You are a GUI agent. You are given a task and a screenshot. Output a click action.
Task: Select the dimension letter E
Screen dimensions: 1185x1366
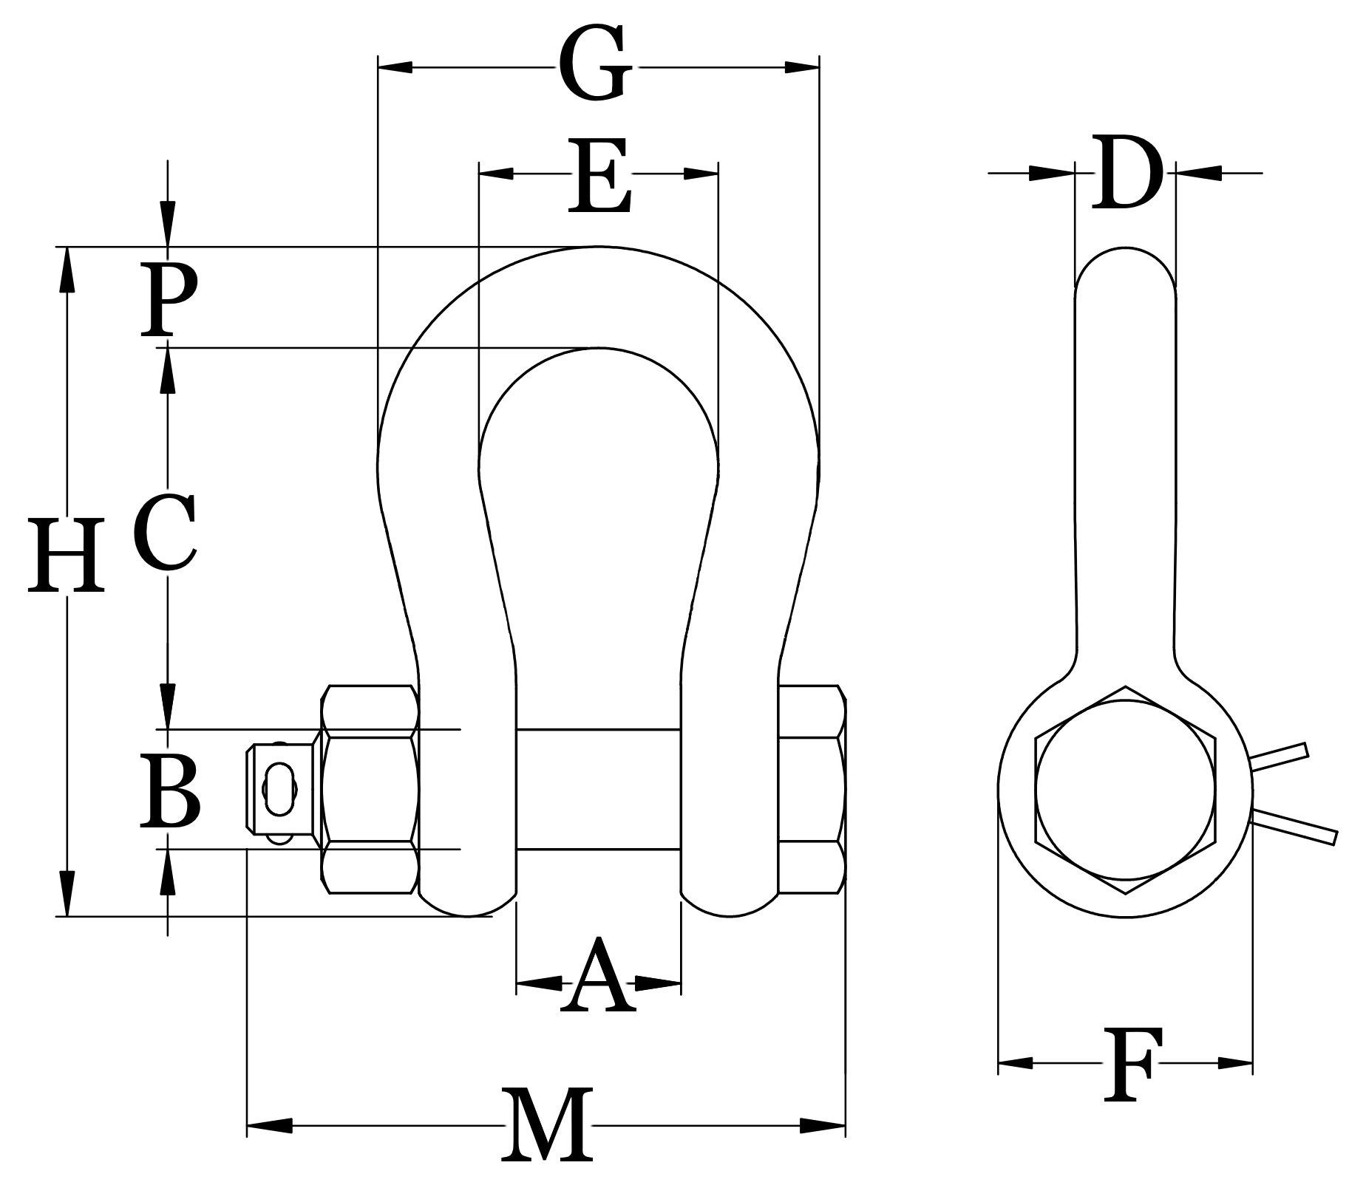coord(599,176)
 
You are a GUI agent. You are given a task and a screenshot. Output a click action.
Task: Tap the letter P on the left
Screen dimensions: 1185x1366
coord(169,299)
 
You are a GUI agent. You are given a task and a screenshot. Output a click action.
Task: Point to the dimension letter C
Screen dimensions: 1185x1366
coord(166,533)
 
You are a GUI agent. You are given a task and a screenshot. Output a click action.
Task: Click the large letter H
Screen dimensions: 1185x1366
coord(66,556)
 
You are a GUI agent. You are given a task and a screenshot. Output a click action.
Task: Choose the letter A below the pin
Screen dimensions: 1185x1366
coord(597,977)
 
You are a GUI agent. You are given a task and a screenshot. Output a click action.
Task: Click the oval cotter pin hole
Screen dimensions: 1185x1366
coord(279,789)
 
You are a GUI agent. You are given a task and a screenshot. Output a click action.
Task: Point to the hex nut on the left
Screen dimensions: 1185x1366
coord(370,789)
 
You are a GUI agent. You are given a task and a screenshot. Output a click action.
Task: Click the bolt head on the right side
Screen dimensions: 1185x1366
coord(812,789)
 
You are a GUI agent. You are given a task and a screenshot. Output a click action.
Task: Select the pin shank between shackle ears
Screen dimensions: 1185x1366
coord(597,789)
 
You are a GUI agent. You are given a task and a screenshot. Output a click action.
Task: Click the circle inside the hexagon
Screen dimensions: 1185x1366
coord(1125,790)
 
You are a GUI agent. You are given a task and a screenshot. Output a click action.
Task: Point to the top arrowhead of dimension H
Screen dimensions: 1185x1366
coord(67,270)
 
